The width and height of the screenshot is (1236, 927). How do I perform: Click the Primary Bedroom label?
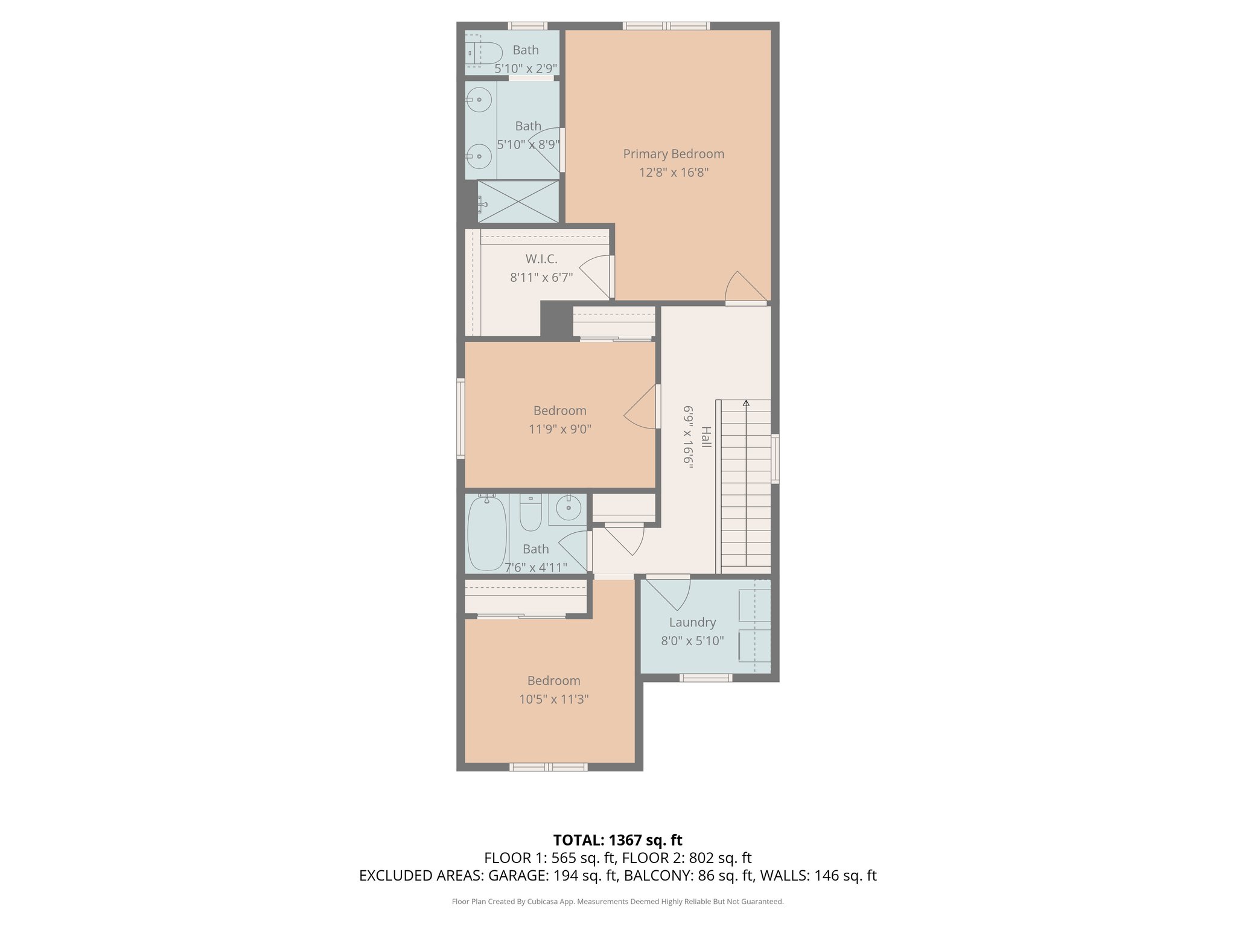point(674,154)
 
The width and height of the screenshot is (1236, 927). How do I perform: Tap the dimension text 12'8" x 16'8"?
point(674,173)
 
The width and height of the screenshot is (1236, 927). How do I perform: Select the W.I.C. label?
point(541,259)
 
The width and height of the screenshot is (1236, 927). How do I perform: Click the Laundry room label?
point(692,622)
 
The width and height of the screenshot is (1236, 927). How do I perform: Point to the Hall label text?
point(706,437)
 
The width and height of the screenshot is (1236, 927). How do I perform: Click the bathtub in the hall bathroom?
point(486,534)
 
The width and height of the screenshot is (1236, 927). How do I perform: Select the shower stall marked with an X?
point(518,202)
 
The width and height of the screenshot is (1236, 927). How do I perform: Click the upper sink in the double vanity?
point(479,100)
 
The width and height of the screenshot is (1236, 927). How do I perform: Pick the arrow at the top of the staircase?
point(746,403)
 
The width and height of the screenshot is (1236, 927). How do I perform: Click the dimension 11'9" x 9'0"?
point(560,429)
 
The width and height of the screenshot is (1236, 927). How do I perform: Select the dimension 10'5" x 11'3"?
point(553,699)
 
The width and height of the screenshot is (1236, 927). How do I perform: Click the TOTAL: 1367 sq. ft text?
point(617,840)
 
